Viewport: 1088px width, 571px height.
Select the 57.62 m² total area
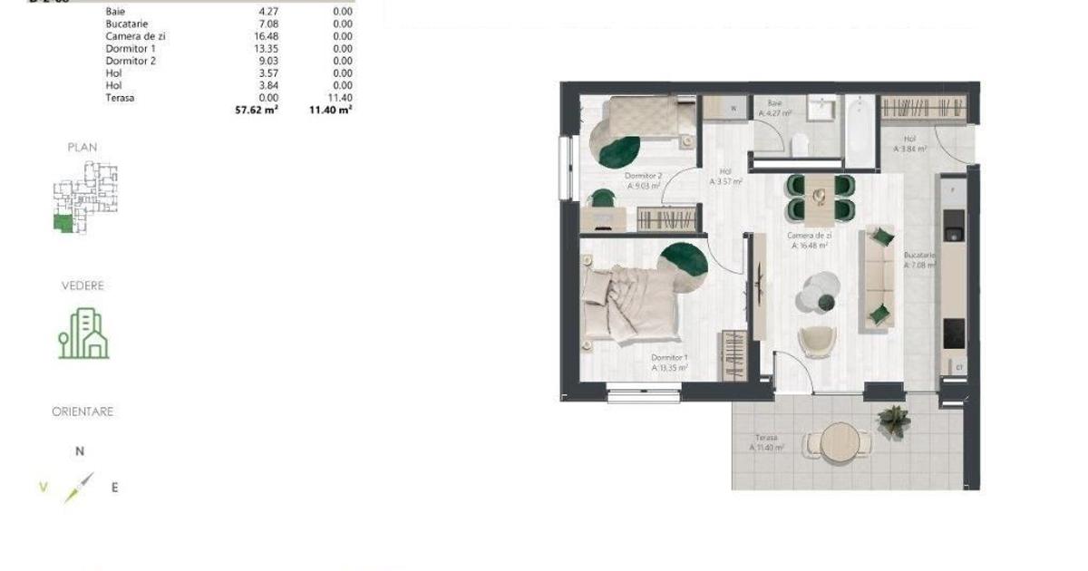click(256, 109)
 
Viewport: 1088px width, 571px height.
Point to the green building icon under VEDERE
click(83, 334)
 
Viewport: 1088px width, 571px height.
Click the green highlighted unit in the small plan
click(63, 224)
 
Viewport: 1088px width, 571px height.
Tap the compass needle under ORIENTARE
click(78, 488)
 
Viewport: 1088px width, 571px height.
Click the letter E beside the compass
click(114, 488)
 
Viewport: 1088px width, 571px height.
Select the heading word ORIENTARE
click(83, 411)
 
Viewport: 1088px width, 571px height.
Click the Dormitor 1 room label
click(669, 359)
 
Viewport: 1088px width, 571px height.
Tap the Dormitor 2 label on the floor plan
click(643, 176)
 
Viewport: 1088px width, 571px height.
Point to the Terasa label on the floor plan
click(765, 437)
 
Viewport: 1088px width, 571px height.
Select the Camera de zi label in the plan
click(810, 236)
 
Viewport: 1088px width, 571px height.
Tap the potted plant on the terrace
click(894, 420)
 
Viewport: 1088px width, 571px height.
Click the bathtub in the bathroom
click(858, 131)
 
